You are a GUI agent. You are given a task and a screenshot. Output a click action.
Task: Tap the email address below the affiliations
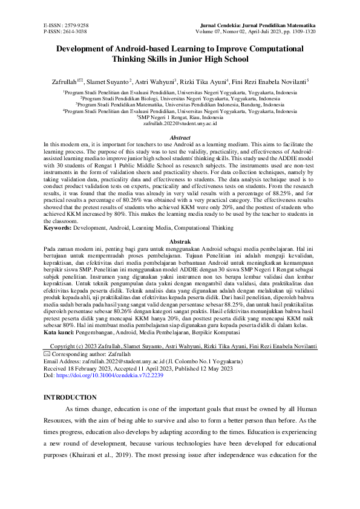point(180,123)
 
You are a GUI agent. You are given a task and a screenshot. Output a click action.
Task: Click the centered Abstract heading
point(180,137)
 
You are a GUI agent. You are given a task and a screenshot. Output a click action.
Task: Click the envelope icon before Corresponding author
point(47,352)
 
